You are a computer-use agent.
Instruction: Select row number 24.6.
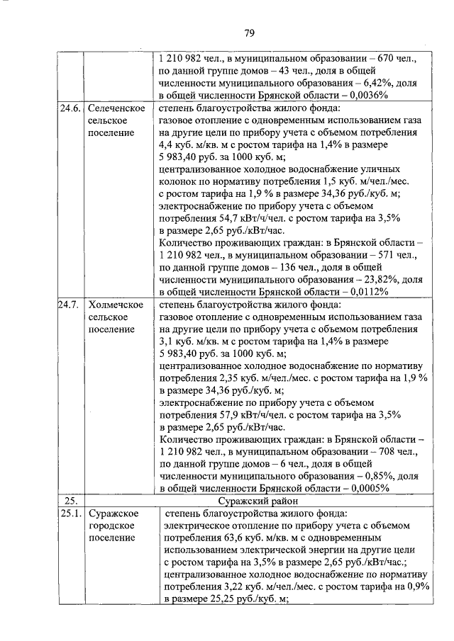70,108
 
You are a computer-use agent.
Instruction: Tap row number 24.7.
70,305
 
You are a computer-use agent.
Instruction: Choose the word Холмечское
115,305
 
